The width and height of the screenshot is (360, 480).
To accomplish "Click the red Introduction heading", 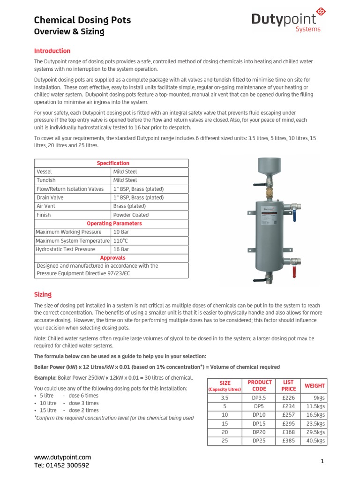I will pos(52,51).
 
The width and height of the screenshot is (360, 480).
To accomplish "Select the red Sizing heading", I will pos(43,294).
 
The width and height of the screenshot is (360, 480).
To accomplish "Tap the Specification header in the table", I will pos(112,163).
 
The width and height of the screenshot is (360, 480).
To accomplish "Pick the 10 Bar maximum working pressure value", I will pos(121,232).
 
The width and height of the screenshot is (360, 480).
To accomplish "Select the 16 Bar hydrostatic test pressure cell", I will pos(121,249).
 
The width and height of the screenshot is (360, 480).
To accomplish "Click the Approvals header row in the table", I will pos(112,258).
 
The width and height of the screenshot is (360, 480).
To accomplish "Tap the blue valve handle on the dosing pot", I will pos(294,215).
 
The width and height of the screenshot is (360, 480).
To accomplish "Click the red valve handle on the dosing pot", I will pos(294,271).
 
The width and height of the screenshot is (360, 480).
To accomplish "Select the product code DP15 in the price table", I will pos(259,424).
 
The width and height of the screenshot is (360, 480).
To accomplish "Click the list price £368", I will pos(289,432).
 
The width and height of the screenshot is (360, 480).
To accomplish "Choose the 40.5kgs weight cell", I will pos(315,441).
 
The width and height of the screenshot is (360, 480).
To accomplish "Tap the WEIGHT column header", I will pos(315,386).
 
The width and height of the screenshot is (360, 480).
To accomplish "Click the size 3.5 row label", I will pos(224,397).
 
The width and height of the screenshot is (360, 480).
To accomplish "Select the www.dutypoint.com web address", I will pos(63,457).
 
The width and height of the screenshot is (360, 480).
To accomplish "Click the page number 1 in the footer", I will pos(322,461).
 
